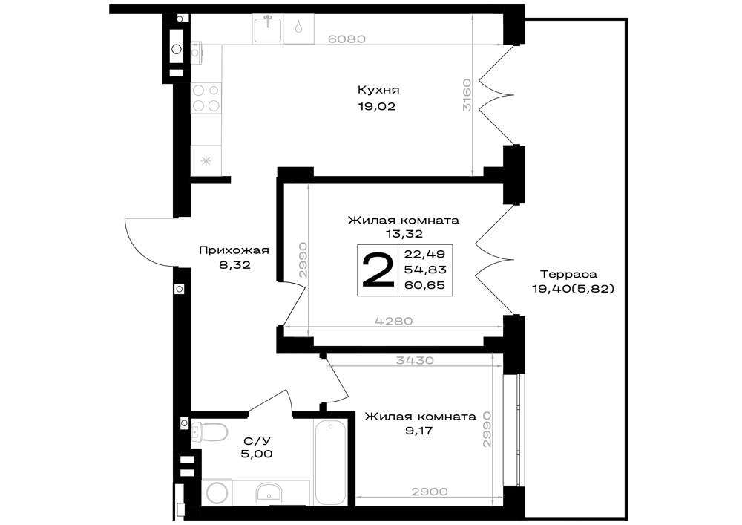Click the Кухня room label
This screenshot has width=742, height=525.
[x=378, y=90]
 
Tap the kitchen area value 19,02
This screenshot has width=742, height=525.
[x=377, y=107]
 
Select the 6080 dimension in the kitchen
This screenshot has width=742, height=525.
[x=347, y=39]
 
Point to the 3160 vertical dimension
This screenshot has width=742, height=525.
[x=467, y=95]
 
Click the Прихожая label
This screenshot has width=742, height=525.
[x=234, y=250]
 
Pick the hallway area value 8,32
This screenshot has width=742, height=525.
[x=234, y=266]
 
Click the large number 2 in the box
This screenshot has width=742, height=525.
[x=378, y=270]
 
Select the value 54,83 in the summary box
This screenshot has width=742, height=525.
[x=425, y=270]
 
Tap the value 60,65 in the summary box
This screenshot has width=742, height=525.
[x=425, y=285]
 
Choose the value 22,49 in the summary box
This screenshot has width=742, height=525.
[x=425, y=254]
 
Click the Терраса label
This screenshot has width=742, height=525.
[x=569, y=274]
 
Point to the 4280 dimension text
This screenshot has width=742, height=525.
[x=393, y=321]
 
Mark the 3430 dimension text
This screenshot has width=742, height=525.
[x=415, y=360]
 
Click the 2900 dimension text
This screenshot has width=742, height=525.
[x=429, y=492]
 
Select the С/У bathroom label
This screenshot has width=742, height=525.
[x=257, y=441]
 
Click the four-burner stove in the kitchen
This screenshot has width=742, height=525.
[x=206, y=98]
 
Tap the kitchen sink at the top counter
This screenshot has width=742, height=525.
[x=267, y=29]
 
